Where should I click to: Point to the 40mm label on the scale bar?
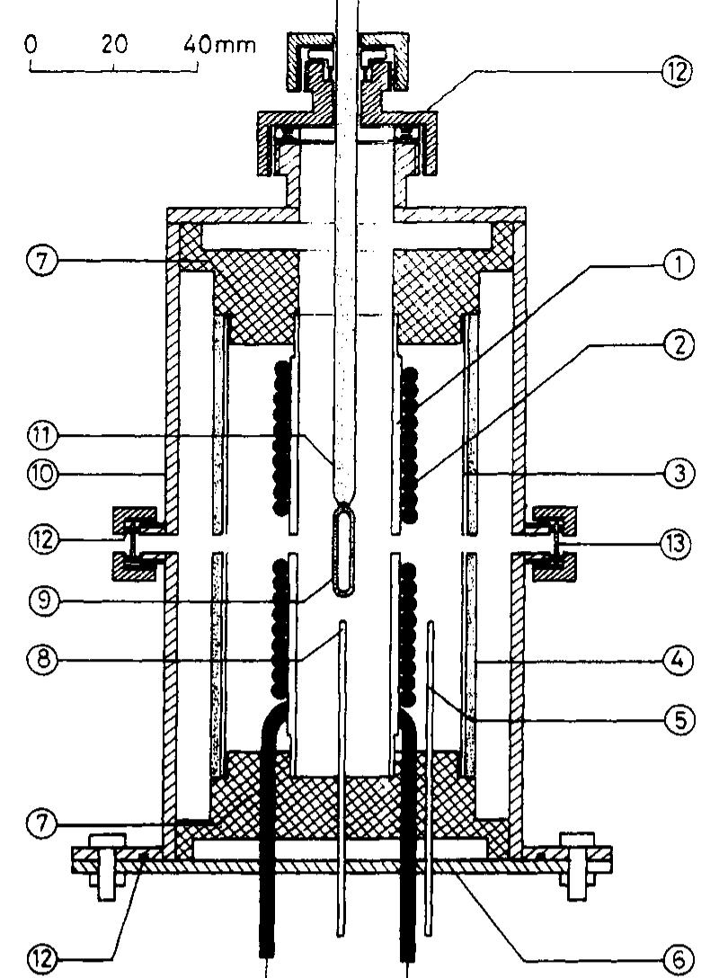click(219, 44)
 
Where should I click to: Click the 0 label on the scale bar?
click(32, 44)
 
